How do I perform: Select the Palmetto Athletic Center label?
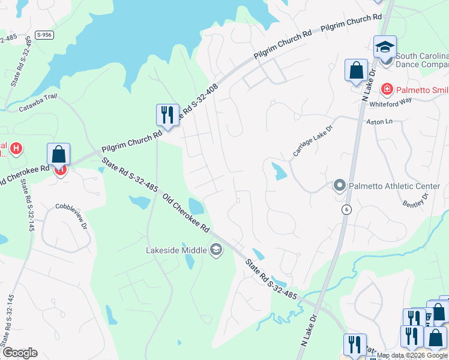(x=394, y=186)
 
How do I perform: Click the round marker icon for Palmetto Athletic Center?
(x=339, y=186)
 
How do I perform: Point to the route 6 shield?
(x=346, y=209)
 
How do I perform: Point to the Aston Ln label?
(x=379, y=121)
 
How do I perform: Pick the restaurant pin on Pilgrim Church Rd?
(x=167, y=115)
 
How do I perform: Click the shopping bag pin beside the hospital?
(x=58, y=154)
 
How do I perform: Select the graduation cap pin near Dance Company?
(x=385, y=46)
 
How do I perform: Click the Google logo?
(x=20, y=353)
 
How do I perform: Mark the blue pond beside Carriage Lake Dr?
(x=279, y=172)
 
